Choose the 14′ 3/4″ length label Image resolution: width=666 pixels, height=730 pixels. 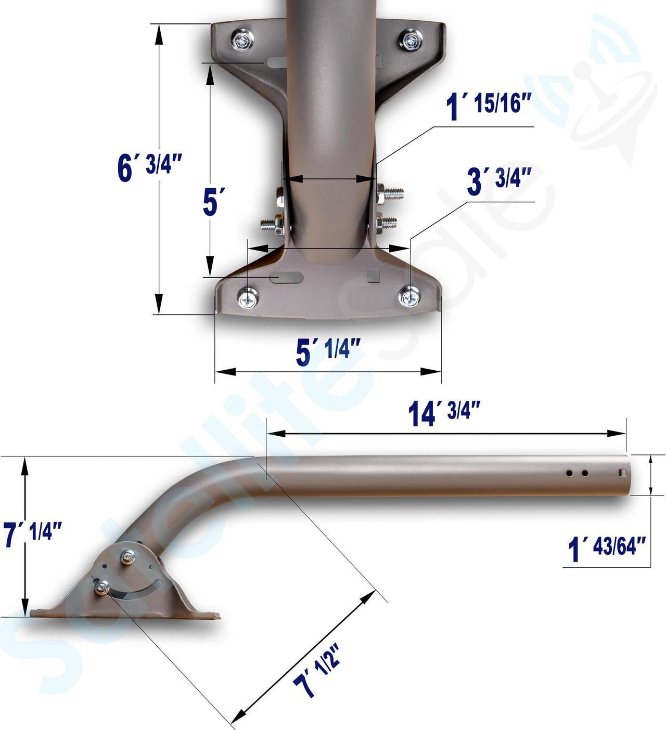click(443, 414)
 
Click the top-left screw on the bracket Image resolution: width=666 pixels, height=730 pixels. click(243, 40)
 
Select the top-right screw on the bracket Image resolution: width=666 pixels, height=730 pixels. click(411, 40)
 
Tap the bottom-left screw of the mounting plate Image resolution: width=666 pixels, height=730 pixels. click(248, 298)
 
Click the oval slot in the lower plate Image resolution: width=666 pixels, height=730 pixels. click(286, 278)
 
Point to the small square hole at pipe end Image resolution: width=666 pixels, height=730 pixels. click(622, 473)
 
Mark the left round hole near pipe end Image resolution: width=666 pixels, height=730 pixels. click(570, 473)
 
